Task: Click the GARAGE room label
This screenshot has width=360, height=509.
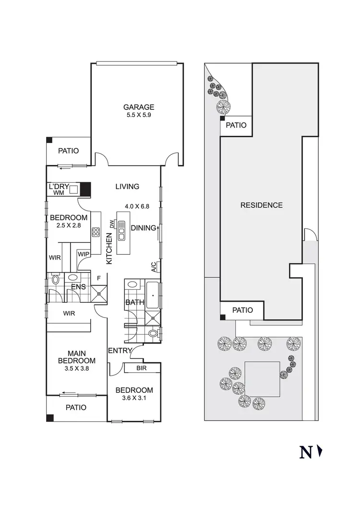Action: [x=139, y=107]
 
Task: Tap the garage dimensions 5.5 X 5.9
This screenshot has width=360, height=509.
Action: [x=139, y=115]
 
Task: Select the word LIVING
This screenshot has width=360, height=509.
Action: [x=127, y=187]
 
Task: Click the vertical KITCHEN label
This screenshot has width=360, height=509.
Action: [x=109, y=248]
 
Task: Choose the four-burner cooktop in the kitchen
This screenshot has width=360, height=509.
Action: [x=96, y=233]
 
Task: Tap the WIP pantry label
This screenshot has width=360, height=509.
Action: [x=84, y=253]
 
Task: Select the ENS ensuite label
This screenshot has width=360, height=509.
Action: [x=78, y=287]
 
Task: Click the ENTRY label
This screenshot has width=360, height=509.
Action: [x=120, y=350]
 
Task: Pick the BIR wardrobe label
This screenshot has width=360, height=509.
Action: [x=141, y=368]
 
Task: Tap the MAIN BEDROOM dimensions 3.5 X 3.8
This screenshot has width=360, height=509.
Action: [x=77, y=369]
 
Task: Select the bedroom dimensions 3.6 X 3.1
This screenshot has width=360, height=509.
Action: [x=134, y=398]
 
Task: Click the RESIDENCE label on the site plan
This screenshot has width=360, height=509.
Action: [x=262, y=205]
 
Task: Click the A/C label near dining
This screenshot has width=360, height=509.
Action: [x=154, y=267]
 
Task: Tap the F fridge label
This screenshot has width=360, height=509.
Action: [x=99, y=277]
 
